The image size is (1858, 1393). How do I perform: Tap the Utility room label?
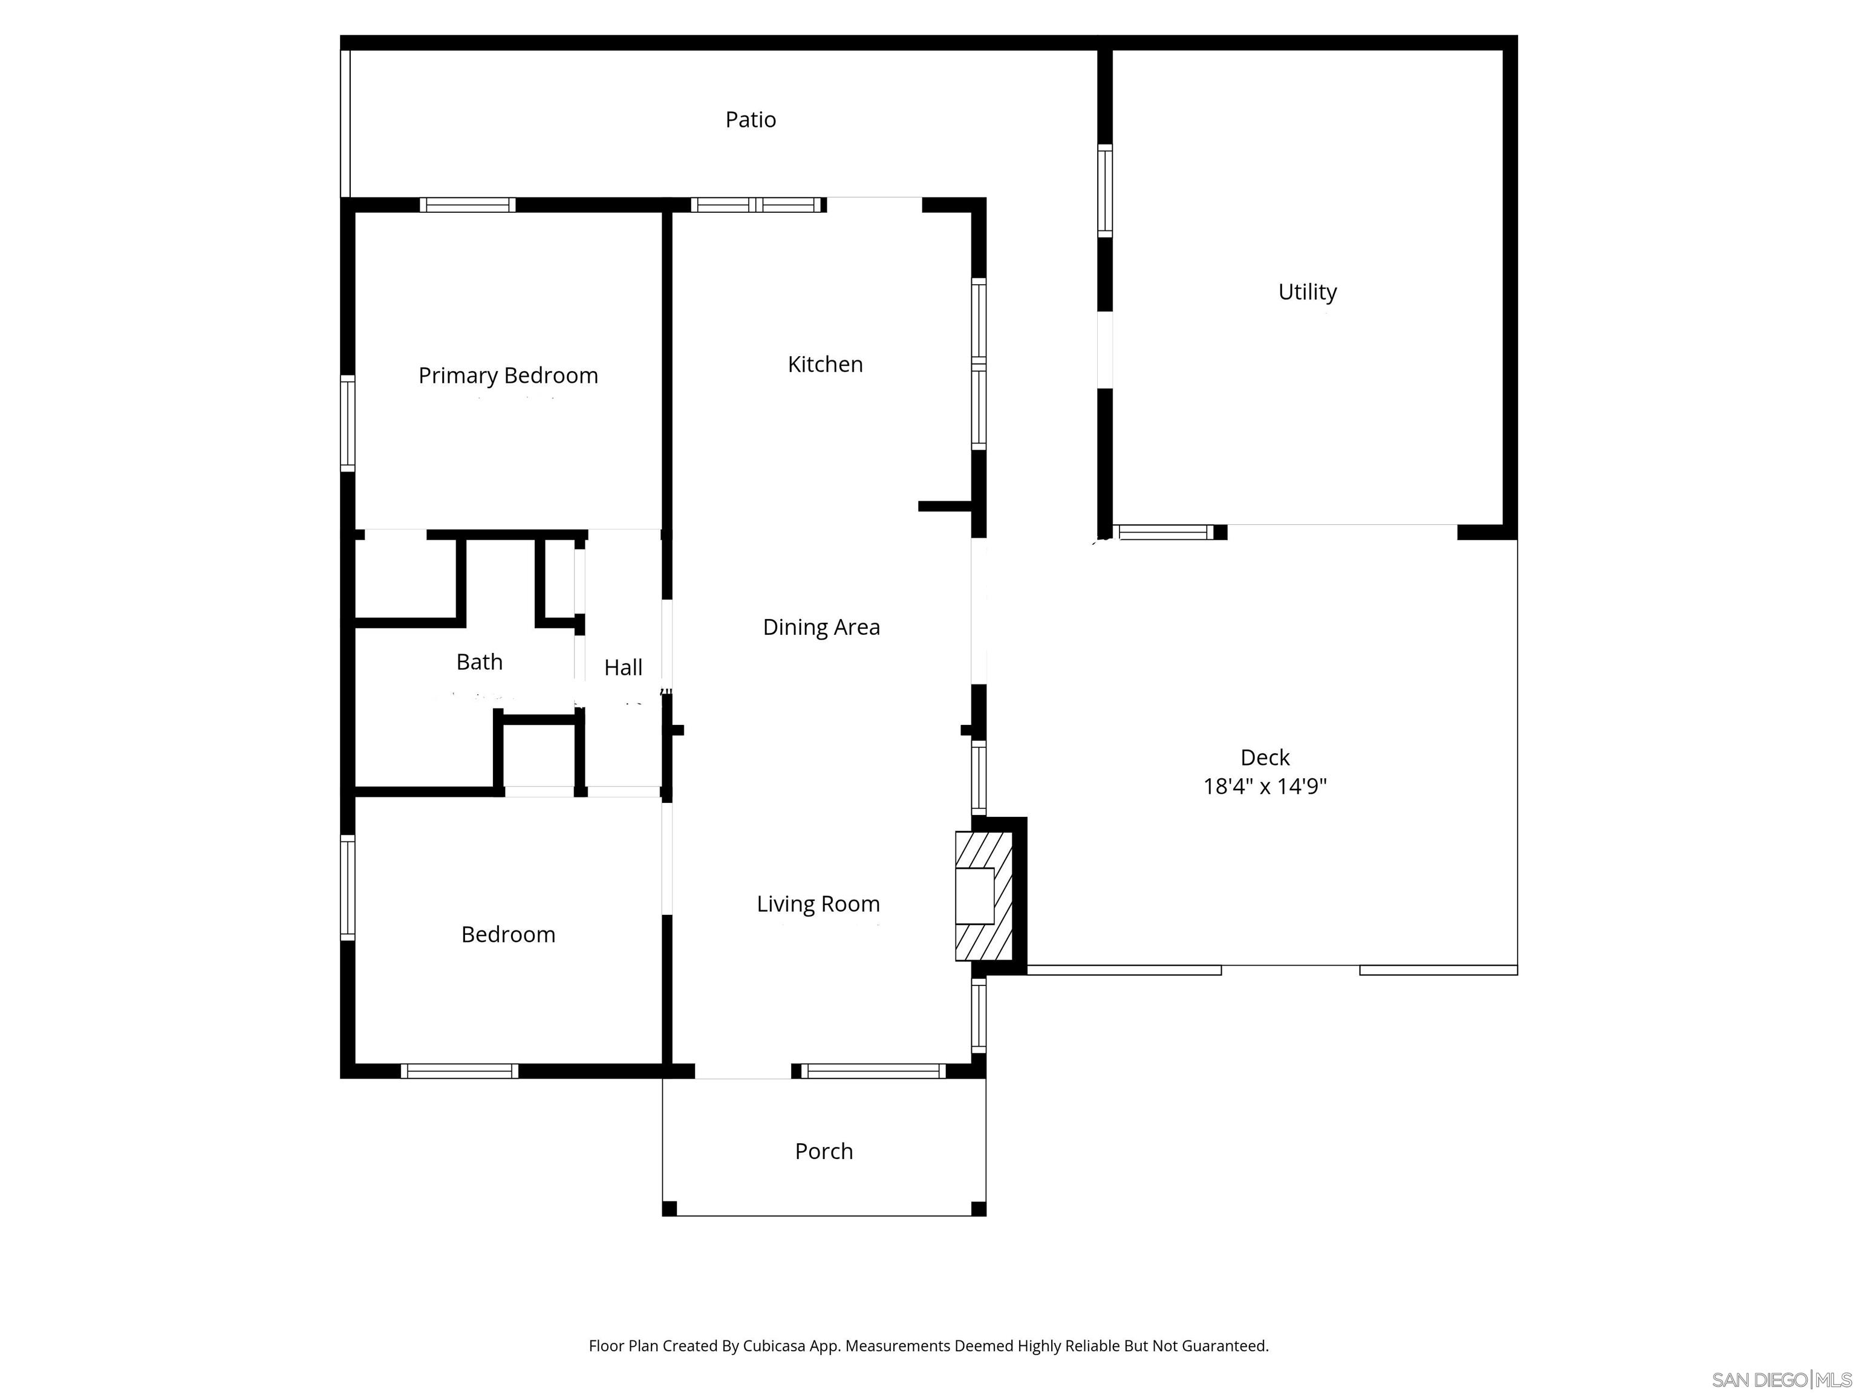pos(1307,292)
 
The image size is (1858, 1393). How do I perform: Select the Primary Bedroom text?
pos(508,375)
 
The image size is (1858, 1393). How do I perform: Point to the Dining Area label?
pos(821,627)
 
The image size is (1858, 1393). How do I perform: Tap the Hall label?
pos(623,667)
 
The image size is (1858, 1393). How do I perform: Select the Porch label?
pos(823,1151)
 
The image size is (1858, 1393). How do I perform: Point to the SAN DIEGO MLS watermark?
pos(1781,1380)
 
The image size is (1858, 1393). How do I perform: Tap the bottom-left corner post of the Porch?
pos(670,1209)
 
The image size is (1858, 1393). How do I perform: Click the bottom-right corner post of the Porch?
pos(979,1209)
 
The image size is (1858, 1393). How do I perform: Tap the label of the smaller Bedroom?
pos(508,935)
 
